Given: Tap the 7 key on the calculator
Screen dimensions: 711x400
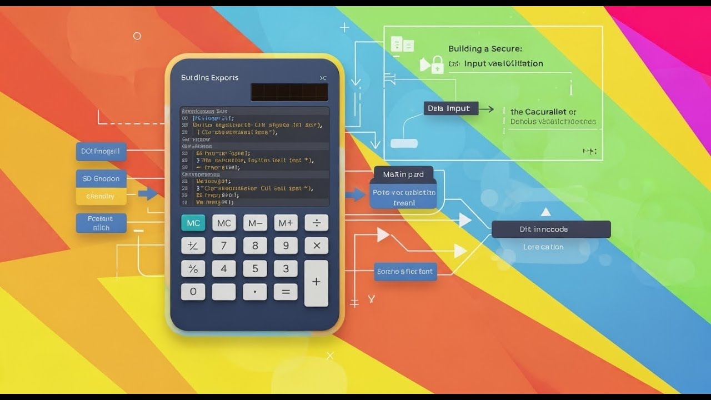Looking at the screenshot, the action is [x=224, y=246].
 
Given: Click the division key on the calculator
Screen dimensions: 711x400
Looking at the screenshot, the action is [x=317, y=223].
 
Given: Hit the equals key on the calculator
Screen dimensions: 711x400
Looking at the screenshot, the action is [x=286, y=291].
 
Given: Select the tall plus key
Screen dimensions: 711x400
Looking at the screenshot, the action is [x=316, y=283].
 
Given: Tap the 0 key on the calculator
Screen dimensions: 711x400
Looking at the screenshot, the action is [x=193, y=291].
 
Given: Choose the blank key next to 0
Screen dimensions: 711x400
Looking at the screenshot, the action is [x=224, y=291].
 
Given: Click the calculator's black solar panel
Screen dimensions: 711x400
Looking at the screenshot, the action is [x=289, y=92].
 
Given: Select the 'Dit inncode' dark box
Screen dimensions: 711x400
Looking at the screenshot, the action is [x=551, y=229].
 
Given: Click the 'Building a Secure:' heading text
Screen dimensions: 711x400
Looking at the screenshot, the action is [x=485, y=49].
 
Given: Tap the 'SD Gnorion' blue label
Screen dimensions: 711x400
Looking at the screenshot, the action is [x=101, y=178].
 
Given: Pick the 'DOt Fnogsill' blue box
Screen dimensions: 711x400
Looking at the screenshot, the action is [x=101, y=151].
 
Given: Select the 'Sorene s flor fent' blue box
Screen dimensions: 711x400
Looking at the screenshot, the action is [x=405, y=272].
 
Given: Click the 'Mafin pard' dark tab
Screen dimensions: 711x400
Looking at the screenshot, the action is [x=403, y=174].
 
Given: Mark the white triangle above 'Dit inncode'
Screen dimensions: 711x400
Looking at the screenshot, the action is [x=545, y=212].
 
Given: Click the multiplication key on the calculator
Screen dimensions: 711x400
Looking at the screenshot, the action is [x=317, y=246].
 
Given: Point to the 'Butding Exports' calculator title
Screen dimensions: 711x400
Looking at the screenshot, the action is [x=209, y=78].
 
